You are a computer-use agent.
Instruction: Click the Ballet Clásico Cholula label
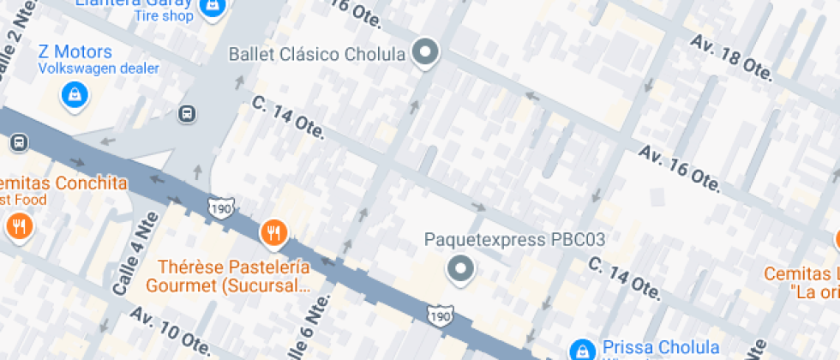point(316,55)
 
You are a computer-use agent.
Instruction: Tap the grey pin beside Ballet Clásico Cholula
point(425,53)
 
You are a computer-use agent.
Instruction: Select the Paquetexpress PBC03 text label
point(515,239)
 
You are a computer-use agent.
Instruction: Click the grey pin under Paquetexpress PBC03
point(461,270)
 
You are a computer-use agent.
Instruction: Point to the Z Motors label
point(75,51)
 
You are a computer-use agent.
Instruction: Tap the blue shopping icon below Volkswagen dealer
point(75,93)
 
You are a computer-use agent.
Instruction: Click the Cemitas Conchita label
point(63,183)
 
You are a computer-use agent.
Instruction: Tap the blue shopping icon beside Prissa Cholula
point(584,349)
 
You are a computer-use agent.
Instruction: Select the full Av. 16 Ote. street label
point(679,168)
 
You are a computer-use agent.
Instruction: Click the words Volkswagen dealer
point(99,69)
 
